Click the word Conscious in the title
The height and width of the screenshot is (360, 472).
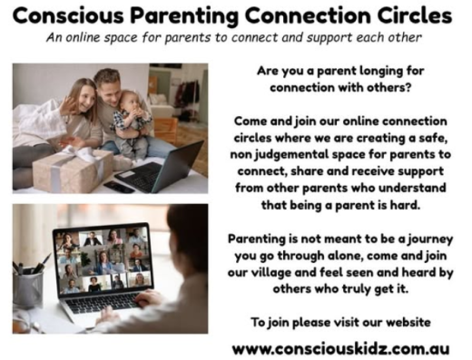coord(68,15)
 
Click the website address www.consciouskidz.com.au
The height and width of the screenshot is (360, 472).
coord(340,349)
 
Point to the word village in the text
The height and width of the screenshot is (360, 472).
coord(269,273)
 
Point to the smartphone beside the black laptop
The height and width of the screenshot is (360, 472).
coord(119,187)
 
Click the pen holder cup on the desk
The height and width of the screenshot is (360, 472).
coord(28,289)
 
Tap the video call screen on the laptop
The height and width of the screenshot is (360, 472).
coord(103,260)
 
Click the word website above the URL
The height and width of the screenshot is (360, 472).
coord(408,322)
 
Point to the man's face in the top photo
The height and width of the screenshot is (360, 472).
coord(108,90)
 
